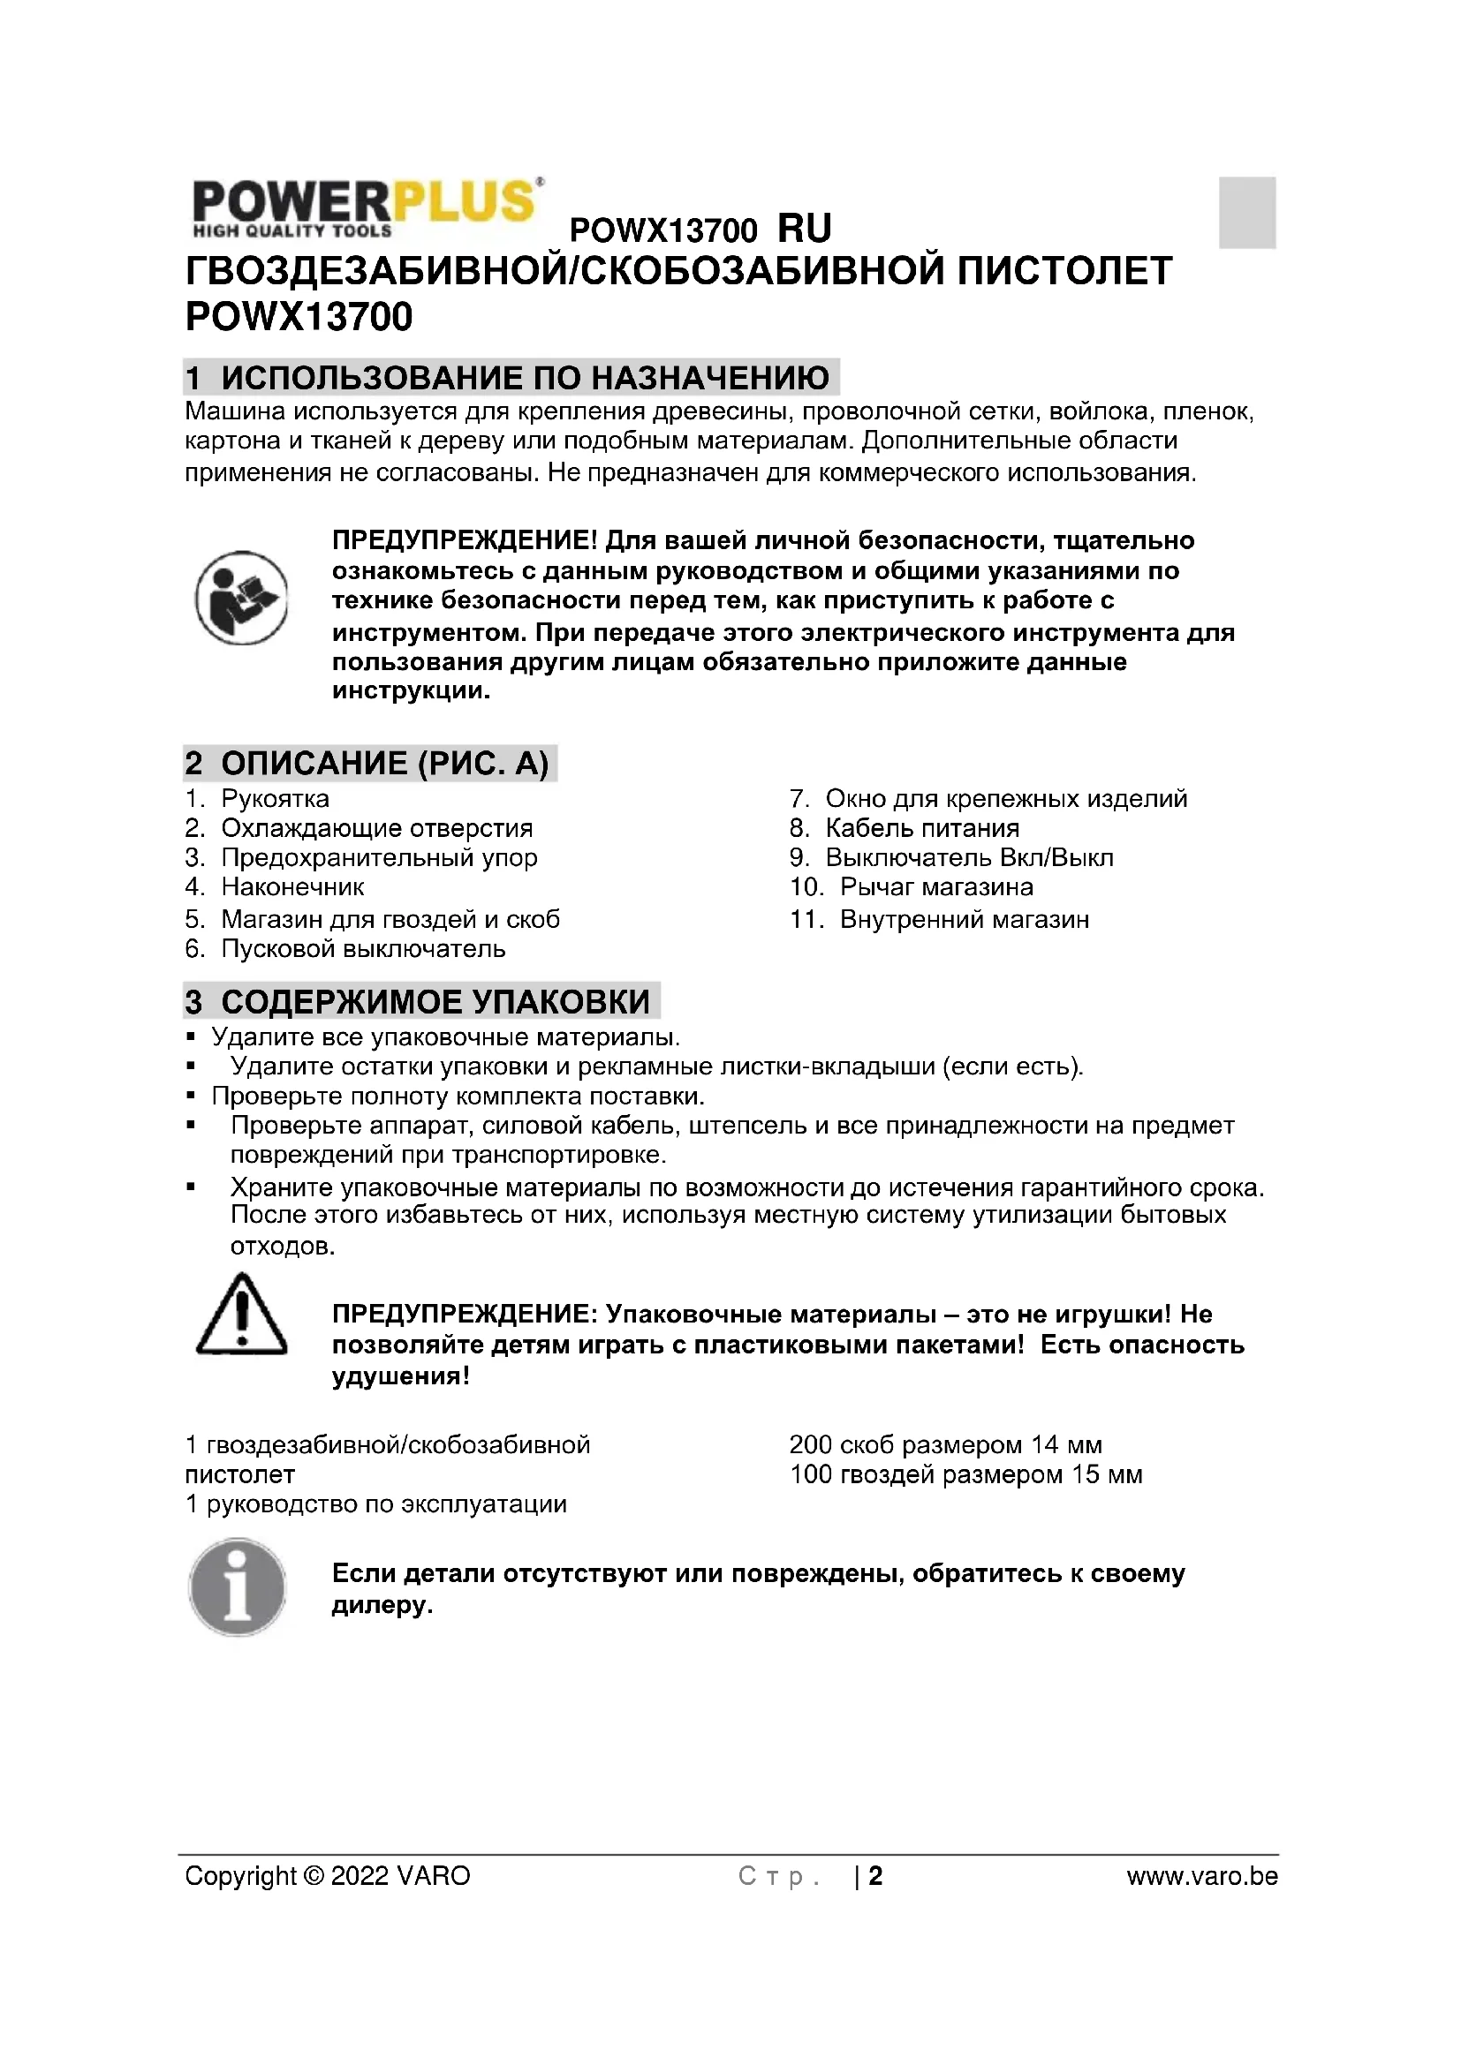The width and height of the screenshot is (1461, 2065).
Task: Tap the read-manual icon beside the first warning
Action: pyautogui.click(x=241, y=598)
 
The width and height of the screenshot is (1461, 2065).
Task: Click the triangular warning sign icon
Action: pyautogui.click(x=241, y=1315)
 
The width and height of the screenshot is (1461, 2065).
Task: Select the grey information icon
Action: pyautogui.click(x=238, y=1587)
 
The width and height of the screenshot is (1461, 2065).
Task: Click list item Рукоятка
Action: pyautogui.click(x=275, y=799)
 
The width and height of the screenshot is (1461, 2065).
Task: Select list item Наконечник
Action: pyautogui.click(x=292, y=886)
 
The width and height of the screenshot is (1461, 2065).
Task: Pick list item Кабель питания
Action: pyautogui.click(x=922, y=828)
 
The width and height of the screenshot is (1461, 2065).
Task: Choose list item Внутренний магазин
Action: pyautogui.click(x=964, y=919)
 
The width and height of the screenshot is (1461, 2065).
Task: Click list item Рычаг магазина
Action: pyautogui.click(x=935, y=886)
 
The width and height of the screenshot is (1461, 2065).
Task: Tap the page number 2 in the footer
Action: pyautogui.click(x=875, y=1876)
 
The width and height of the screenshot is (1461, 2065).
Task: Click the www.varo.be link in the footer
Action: pyautogui.click(x=1202, y=1876)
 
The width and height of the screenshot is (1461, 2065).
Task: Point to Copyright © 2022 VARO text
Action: pyautogui.click(x=328, y=1876)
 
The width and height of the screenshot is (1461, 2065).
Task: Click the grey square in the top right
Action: pyautogui.click(x=1247, y=212)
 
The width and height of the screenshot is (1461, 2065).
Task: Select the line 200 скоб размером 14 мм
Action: pyautogui.click(x=944, y=1445)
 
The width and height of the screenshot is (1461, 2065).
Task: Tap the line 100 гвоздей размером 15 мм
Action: pyautogui.click(x=965, y=1475)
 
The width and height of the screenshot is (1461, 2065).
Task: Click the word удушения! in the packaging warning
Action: pyautogui.click(x=400, y=1377)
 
